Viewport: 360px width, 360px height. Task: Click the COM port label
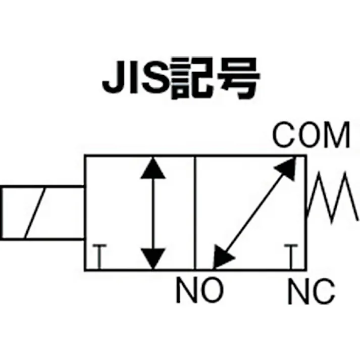(311, 135)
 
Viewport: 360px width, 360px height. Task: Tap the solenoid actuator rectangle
(43, 213)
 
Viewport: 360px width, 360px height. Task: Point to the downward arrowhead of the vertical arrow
(152, 258)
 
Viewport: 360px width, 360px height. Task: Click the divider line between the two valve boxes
(195, 213)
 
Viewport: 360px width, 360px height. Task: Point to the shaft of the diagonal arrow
(255, 213)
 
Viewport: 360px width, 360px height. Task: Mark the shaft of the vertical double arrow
(152, 213)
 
